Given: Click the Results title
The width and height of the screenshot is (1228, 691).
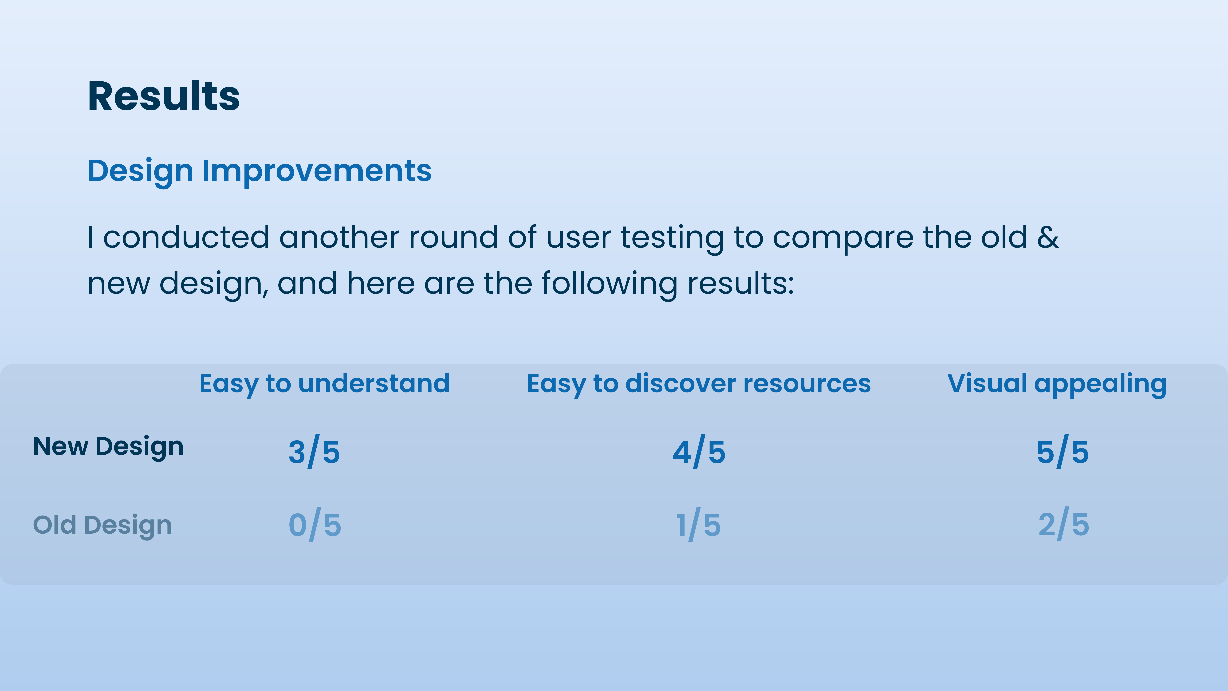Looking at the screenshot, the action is pos(164,96).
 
